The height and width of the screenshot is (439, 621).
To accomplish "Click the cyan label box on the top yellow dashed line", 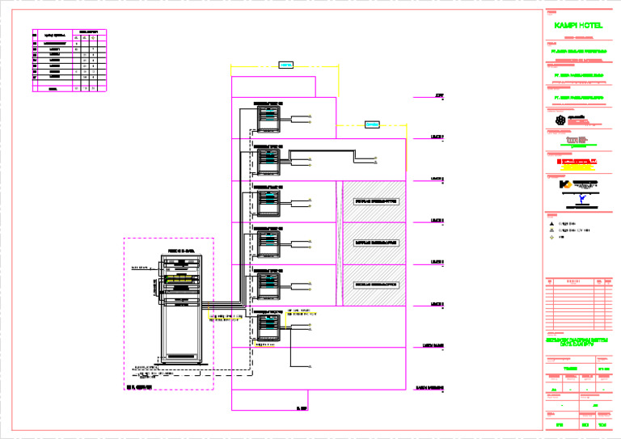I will [285, 65].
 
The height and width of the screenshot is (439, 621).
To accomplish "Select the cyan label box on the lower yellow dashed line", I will [371, 125].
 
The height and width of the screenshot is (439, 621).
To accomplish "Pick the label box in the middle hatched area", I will [375, 242].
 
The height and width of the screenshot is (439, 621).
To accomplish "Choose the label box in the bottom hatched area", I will [375, 285].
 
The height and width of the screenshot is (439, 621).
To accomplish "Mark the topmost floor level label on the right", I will [438, 95].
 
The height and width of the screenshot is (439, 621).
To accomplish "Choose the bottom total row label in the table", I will [53, 88].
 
